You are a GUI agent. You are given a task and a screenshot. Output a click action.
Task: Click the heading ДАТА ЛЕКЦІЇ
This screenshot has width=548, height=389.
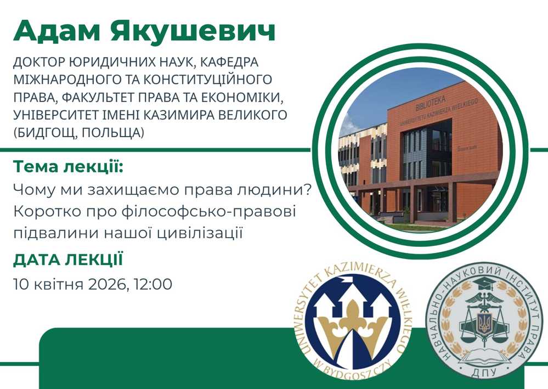tap(68, 261)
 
